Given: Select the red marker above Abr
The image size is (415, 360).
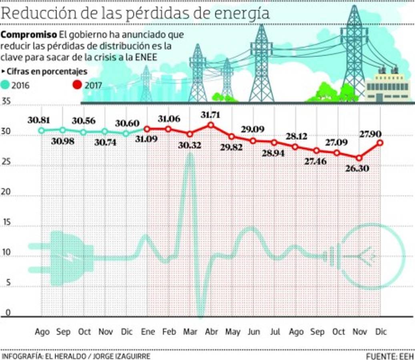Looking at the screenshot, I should (211, 125).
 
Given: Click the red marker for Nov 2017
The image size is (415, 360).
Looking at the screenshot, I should (359, 158).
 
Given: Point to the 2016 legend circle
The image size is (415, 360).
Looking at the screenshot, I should (5, 85).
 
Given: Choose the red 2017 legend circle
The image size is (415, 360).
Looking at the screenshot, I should (77, 85).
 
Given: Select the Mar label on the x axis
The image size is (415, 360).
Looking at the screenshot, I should (190, 332).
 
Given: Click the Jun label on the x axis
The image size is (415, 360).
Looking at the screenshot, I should (254, 332).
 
